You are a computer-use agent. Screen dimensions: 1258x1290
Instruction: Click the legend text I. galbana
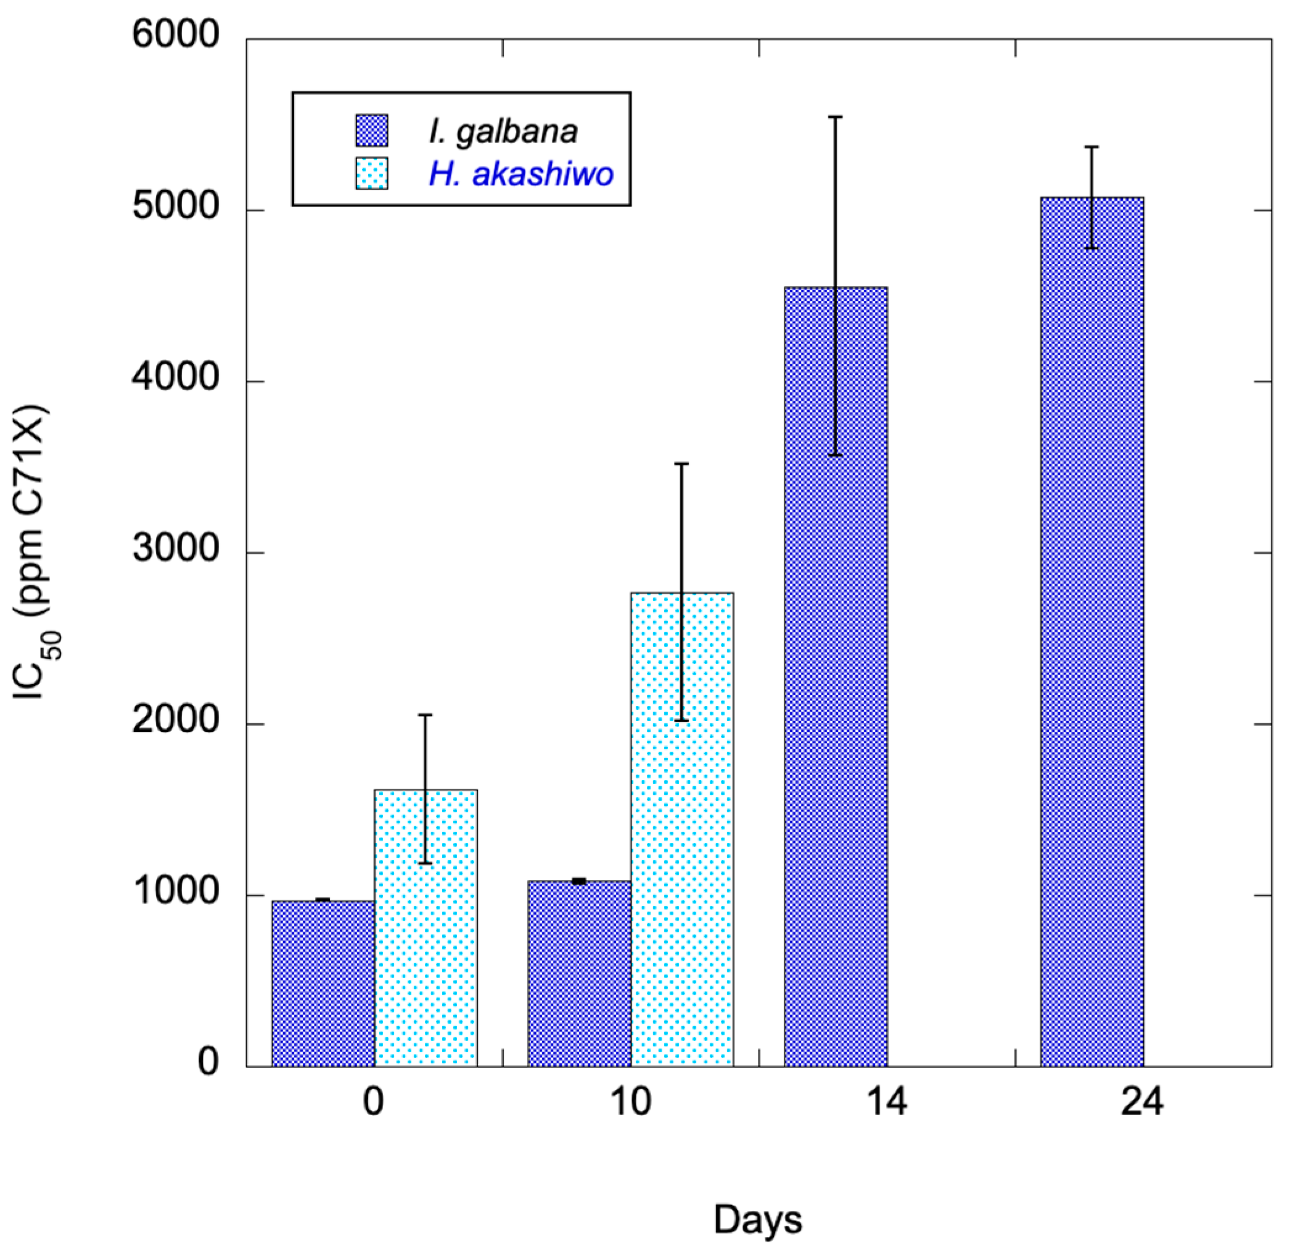point(503,131)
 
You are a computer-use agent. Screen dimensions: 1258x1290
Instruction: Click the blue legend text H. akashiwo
point(521,174)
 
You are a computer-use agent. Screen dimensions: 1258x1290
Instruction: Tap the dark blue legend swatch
point(372,131)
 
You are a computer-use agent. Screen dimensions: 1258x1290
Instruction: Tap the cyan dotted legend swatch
point(372,174)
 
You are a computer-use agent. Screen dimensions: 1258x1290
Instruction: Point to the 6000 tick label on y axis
point(175,35)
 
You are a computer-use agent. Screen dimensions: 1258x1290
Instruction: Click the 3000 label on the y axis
point(175,548)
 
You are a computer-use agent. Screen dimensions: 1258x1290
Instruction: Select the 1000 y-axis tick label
point(175,890)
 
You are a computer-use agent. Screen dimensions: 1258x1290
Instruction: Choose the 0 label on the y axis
point(207,1062)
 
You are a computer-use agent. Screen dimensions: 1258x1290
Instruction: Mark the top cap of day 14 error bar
point(836,117)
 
